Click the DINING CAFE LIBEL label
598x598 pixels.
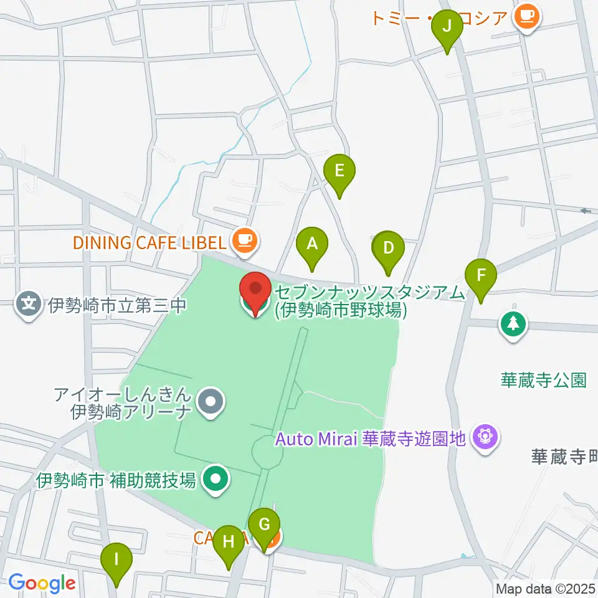pos(150,242)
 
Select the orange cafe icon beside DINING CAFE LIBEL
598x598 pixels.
pos(245,240)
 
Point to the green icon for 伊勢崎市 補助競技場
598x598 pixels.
pos(216,479)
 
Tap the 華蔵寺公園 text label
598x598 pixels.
pos(544,381)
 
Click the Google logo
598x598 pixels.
pos(42,584)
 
